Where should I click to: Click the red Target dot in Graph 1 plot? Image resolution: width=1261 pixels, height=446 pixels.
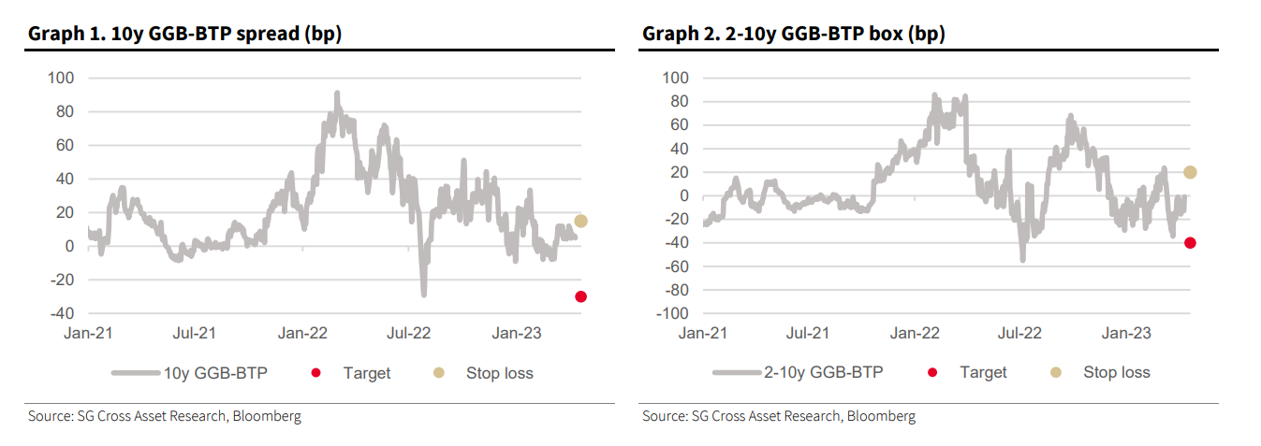click(580, 296)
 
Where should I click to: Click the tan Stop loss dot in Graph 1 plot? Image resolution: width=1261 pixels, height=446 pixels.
click(580, 221)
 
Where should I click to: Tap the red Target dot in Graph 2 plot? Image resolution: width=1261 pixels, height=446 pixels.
click(1190, 242)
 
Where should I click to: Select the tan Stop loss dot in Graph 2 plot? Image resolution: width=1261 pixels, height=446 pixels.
click(1190, 172)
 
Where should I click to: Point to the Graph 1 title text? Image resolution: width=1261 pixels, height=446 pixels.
click(184, 35)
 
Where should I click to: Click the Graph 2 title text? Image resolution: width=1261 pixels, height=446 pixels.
click(793, 35)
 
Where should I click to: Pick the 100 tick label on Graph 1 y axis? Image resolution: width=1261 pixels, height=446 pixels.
click(61, 78)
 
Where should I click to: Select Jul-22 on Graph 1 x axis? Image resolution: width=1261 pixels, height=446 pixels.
click(410, 332)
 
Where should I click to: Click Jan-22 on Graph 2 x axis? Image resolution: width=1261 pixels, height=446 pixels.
click(915, 332)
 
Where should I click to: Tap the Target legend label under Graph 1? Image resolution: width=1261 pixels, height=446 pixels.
click(366, 373)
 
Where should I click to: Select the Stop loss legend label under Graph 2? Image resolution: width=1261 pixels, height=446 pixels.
click(1117, 372)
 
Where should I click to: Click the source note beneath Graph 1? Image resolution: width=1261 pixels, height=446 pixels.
click(165, 416)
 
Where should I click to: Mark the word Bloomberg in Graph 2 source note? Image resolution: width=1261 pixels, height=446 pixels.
click(881, 416)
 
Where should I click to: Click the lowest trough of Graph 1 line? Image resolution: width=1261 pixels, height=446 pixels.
click(423, 294)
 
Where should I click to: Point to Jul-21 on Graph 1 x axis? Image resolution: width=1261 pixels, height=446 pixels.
click(195, 332)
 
